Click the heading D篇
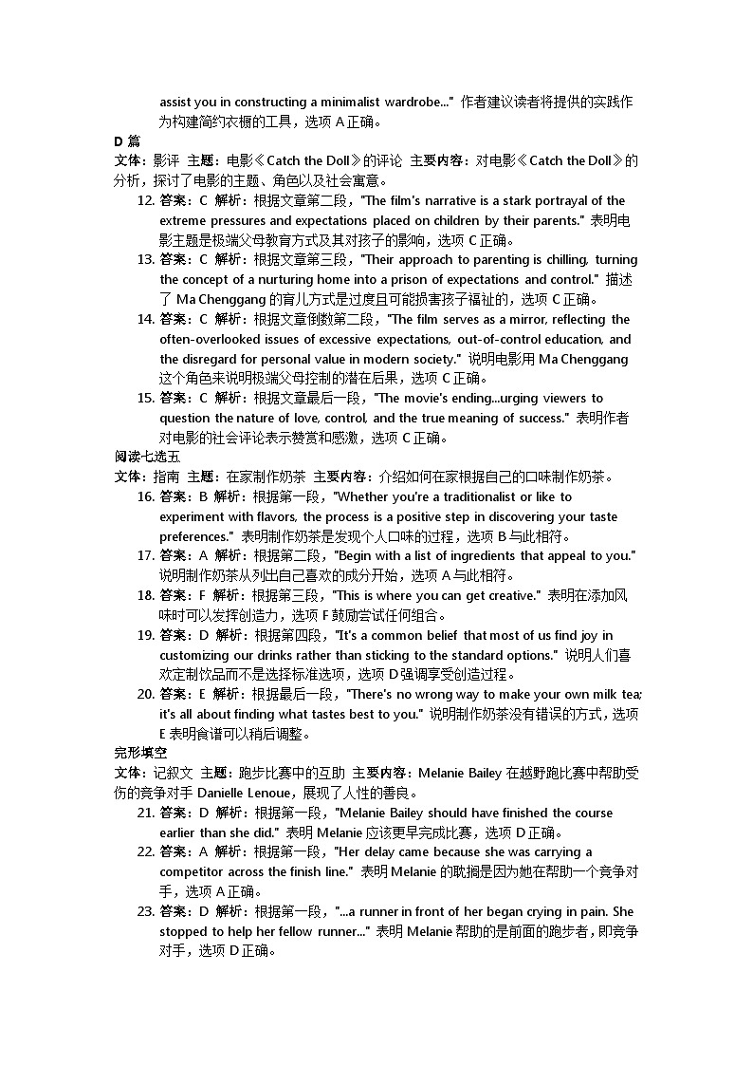click(x=127, y=141)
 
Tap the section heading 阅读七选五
click(x=140, y=457)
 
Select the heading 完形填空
click(x=134, y=753)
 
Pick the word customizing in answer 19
click(x=195, y=655)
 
